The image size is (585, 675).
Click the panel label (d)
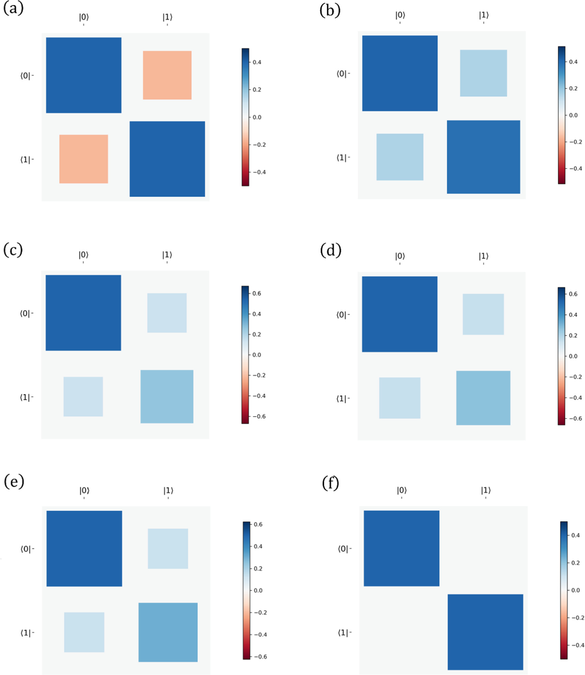coord(330,250)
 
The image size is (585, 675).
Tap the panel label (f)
coord(330,483)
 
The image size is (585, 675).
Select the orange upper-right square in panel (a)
coord(167,75)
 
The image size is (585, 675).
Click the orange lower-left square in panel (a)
coord(84,159)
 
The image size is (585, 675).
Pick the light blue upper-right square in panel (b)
coord(483,73)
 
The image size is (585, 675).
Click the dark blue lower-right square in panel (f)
coord(485,632)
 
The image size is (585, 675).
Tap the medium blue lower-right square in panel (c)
coord(167,396)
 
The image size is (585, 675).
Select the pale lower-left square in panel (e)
coord(84,632)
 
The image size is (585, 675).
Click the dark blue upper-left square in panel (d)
coord(400,314)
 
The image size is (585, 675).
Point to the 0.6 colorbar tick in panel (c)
coord(256,293)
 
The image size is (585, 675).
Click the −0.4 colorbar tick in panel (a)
coord(259,172)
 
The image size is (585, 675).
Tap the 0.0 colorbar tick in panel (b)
coord(573,115)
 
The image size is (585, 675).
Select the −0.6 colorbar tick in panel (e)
coord(260,656)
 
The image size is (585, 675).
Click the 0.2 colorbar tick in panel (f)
coord(575,562)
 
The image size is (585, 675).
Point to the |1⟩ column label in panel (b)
coord(483,15)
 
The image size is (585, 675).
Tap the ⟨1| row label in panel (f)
coord(344,633)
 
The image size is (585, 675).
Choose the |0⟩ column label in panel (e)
coord(84,490)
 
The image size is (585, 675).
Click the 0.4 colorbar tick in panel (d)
coord(573,314)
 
